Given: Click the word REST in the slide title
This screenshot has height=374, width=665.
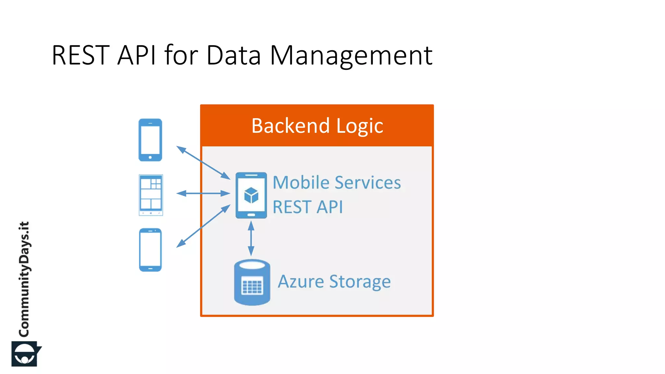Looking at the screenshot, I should tap(81, 55).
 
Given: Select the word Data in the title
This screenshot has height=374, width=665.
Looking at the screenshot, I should tap(233, 55).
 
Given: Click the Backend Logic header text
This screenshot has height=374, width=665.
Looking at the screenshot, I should tap(317, 126).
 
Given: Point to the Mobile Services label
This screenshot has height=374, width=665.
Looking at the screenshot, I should tap(337, 182).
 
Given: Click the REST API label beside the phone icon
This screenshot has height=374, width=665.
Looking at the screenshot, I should tap(307, 207).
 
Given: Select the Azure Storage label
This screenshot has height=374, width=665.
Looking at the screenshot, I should tap(334, 281).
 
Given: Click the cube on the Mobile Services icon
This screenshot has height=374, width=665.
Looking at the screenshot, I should tap(251, 195).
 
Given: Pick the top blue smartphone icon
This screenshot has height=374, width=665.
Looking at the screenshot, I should tap(150, 140).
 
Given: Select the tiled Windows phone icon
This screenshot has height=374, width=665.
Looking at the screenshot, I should tap(151, 195).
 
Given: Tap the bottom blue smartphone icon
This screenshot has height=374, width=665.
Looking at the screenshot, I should tap(150, 250).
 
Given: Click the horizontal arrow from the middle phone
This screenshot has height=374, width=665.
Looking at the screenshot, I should tap(203, 193).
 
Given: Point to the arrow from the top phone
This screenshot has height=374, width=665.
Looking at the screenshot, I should tap(203, 163).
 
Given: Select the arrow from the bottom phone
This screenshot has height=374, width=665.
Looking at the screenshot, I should tap(203, 226).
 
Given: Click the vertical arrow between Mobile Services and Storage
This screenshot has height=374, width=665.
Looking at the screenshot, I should tap(251, 238).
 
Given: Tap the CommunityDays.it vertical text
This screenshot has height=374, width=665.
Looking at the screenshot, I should tap(24, 279).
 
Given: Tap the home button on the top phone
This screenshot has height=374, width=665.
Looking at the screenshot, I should tap(150, 157).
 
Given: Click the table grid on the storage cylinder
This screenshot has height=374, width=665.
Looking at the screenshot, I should tap(252, 287).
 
